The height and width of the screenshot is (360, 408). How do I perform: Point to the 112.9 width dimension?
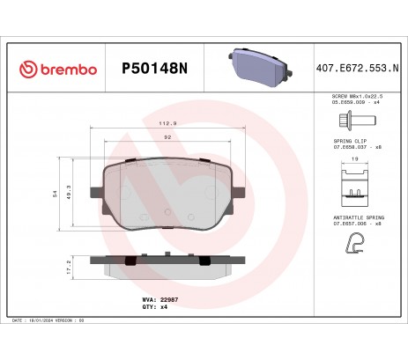click(167, 124)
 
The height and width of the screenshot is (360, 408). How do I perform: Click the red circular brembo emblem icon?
click(31, 69)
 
